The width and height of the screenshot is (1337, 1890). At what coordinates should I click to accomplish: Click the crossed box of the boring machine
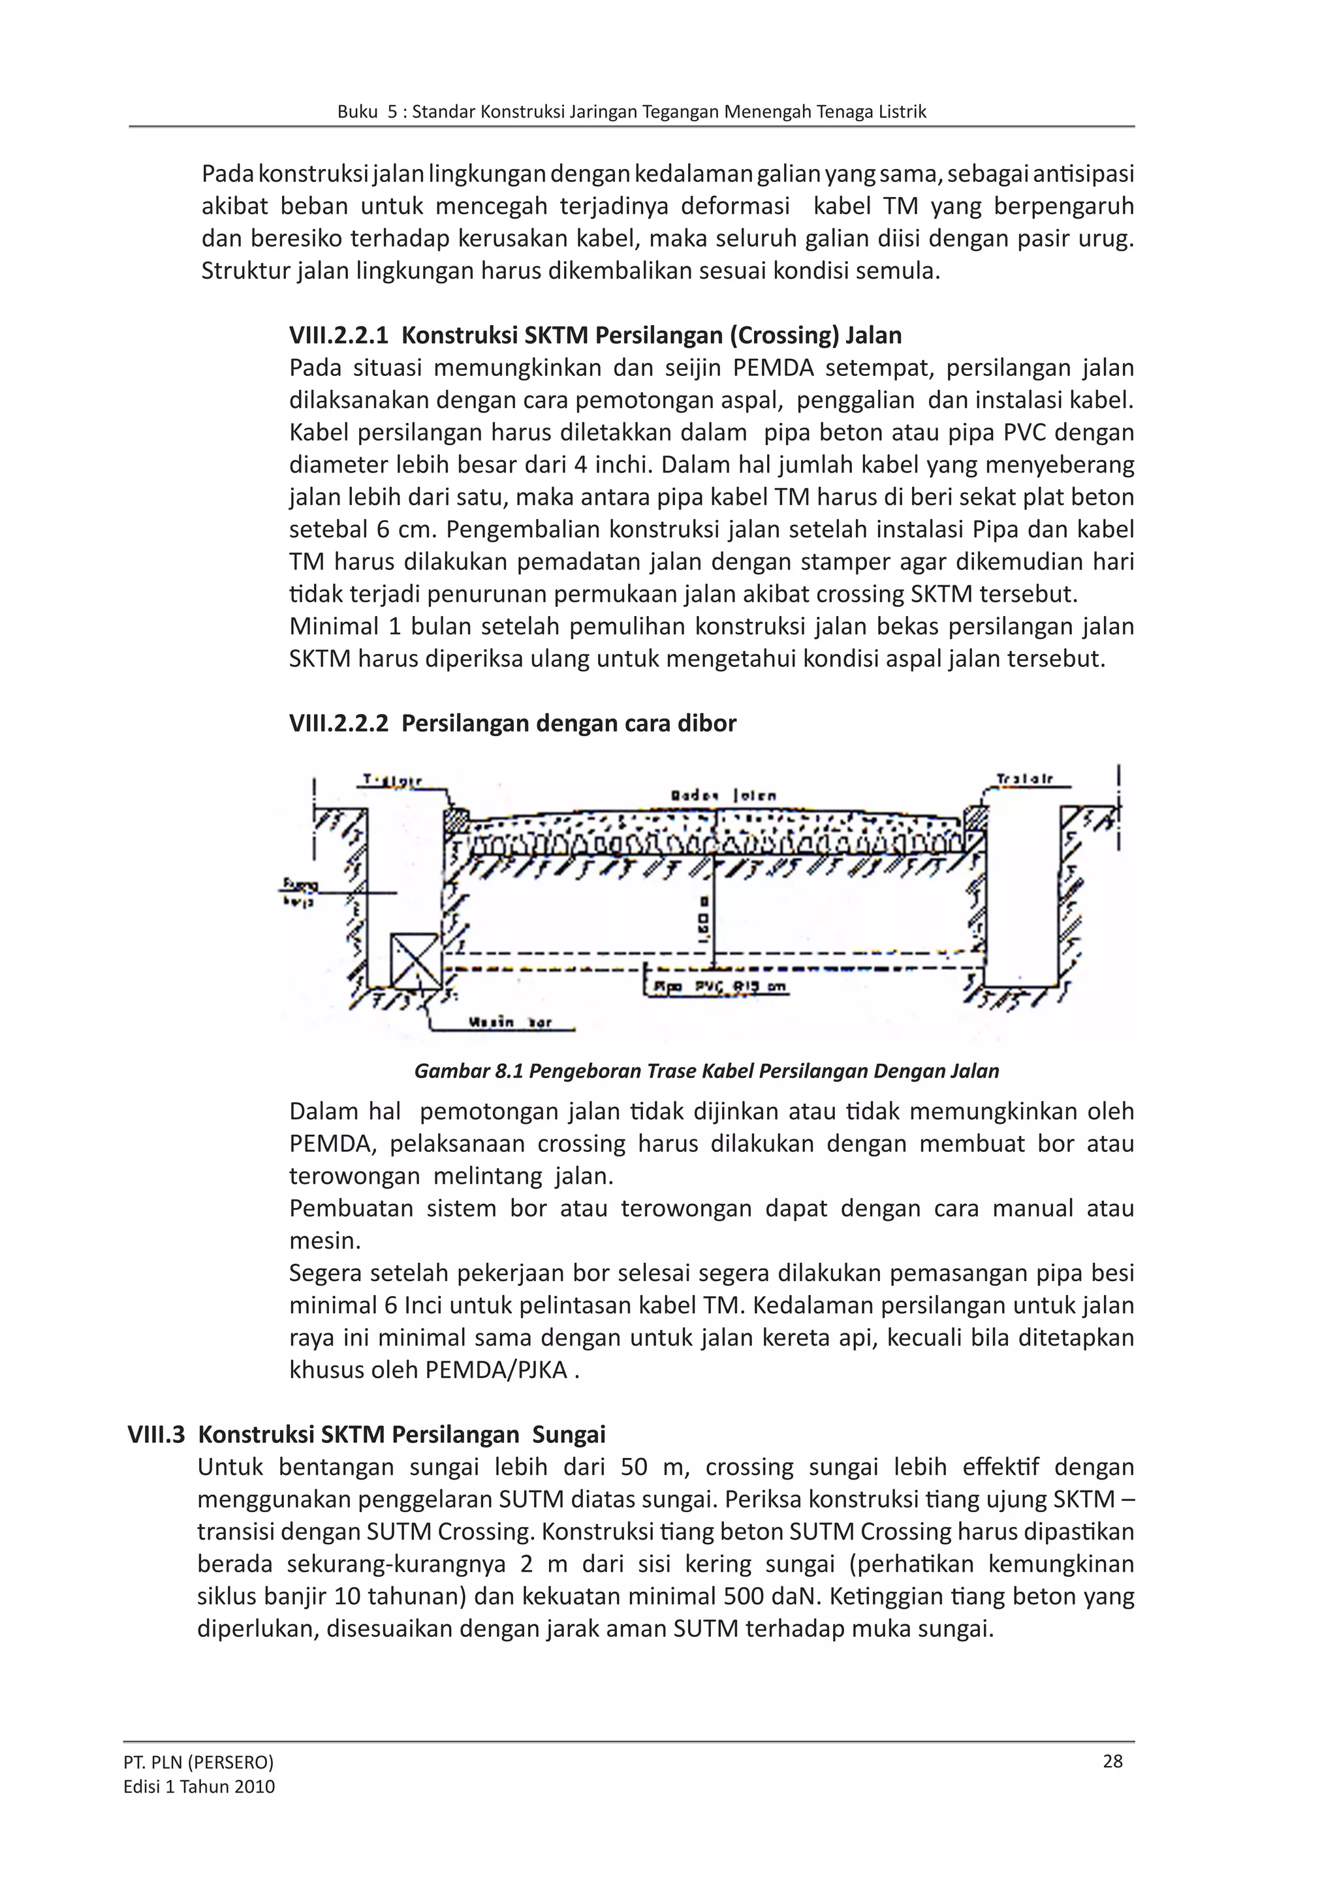[416, 961]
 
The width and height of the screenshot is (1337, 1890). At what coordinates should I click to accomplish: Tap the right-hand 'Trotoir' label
[1024, 779]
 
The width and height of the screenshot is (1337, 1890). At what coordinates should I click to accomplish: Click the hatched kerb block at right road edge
[975, 819]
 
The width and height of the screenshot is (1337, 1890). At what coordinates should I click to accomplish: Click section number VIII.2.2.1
[338, 335]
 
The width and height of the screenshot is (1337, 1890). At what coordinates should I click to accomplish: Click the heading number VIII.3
[157, 1434]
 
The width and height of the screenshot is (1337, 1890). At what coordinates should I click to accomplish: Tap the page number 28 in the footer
[1112, 1761]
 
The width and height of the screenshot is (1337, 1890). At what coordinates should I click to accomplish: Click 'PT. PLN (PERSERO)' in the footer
[198, 1761]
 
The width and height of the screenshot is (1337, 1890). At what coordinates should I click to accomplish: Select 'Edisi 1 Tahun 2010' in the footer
[198, 1786]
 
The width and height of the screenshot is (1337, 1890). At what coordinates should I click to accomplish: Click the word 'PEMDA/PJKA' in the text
[495, 1370]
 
